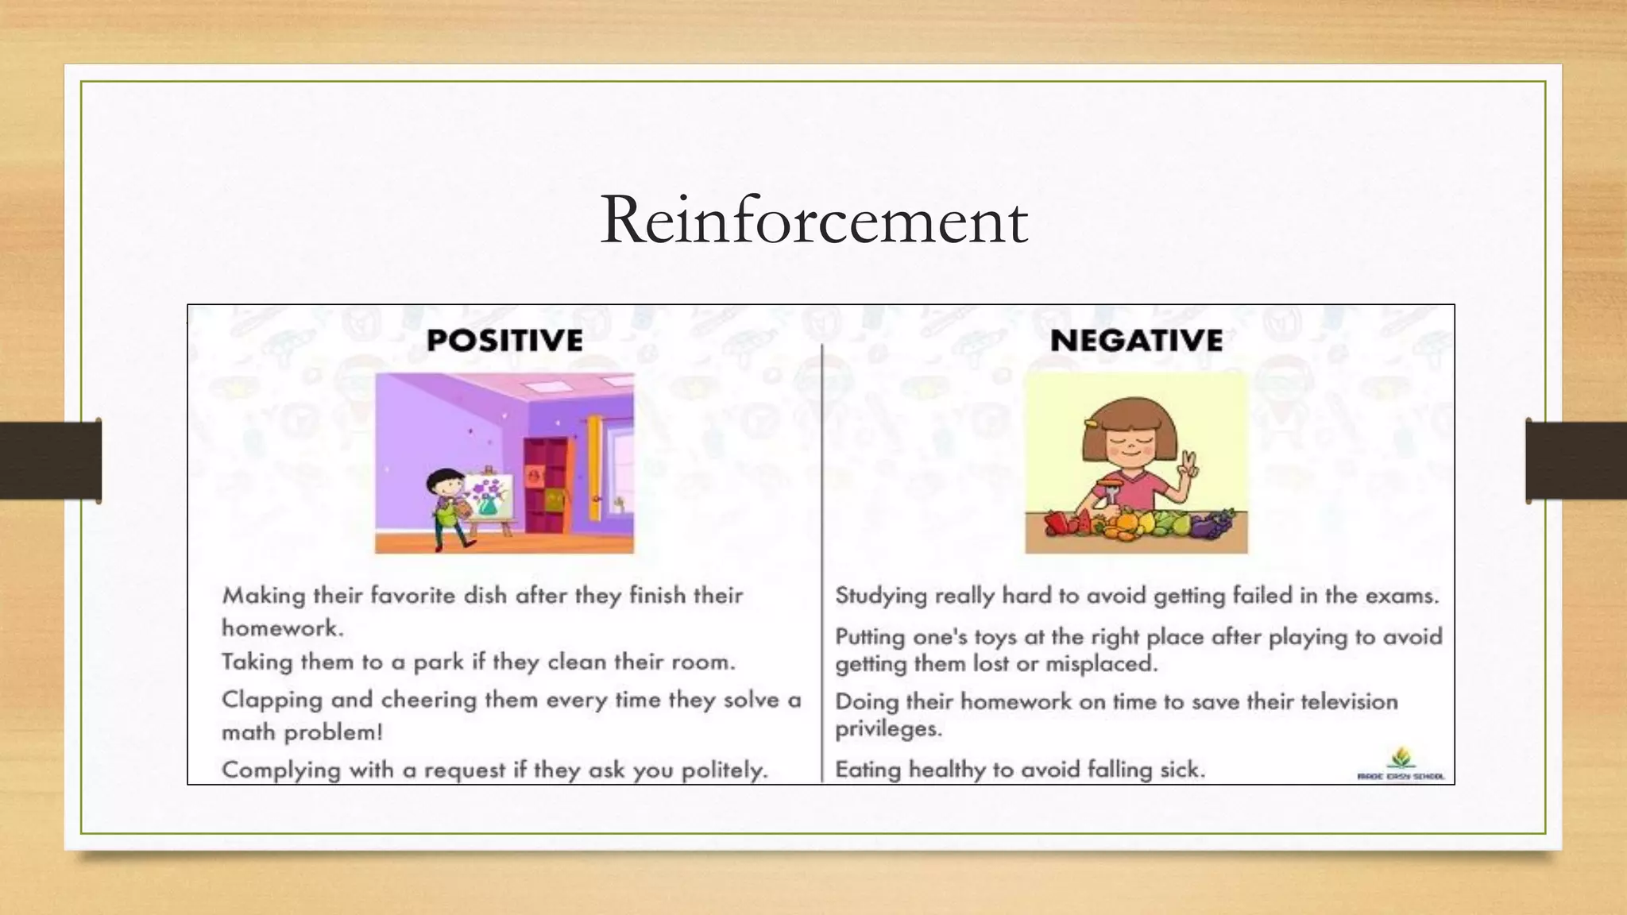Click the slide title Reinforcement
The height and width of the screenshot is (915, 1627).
813,220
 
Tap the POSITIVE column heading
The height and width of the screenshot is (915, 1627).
504,341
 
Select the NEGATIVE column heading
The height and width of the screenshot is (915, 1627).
1136,341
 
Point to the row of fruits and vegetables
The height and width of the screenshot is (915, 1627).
1136,524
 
